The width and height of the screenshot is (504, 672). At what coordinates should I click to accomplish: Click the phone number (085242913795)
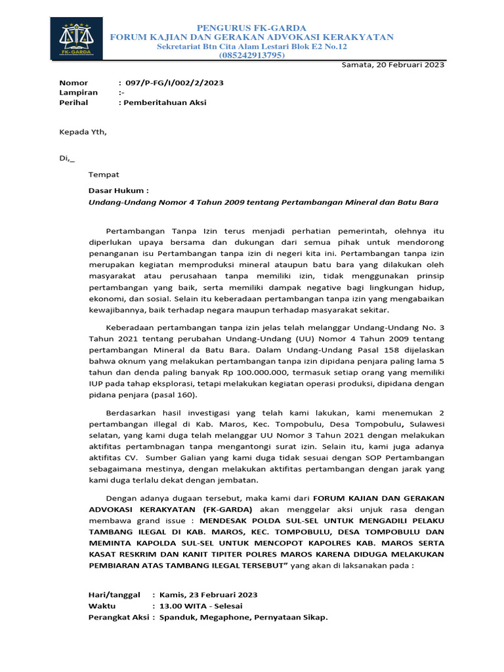pos(251,56)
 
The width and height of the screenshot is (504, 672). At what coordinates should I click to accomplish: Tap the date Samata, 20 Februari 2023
pos(393,64)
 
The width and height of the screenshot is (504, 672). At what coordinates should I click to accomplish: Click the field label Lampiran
pos(73,93)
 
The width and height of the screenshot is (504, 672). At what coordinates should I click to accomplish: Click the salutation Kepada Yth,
pos(83,132)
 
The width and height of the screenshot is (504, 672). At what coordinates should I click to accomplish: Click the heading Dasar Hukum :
pos(119,191)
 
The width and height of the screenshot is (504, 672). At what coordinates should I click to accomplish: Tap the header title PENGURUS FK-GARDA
pos(251,28)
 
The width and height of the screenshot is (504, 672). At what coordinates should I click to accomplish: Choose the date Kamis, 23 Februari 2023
pos(208,595)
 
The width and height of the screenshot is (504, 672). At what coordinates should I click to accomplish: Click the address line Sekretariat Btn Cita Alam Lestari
pos(251,47)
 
